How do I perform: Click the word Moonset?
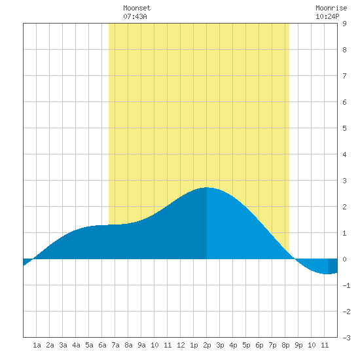click(137, 8)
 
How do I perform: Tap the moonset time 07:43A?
click(135, 16)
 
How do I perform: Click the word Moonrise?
click(331, 8)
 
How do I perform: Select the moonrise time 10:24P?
click(327, 16)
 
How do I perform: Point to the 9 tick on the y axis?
click(344, 24)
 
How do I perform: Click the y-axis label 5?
click(344, 128)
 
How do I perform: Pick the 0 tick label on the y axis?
click(344, 259)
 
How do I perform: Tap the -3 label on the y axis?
click(346, 338)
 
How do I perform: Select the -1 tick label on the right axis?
click(346, 285)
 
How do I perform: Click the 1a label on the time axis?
click(37, 345)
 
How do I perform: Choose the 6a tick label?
click(102, 345)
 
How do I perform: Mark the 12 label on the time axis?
click(181, 345)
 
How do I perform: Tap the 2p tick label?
click(207, 345)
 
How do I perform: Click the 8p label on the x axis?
click(285, 345)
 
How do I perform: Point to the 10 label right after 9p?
click(312, 345)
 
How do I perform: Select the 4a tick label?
click(76, 345)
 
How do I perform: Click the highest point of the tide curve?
click(207, 188)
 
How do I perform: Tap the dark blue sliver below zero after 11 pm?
click(333, 266)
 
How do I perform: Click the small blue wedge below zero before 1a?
click(27, 261)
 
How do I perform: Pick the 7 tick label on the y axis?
click(344, 76)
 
